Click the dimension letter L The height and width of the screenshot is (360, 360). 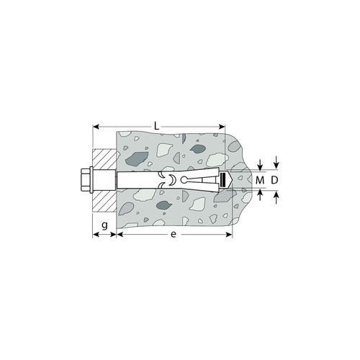click(156, 126)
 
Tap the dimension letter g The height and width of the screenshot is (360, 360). click(104, 225)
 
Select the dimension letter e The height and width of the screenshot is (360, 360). click(174, 234)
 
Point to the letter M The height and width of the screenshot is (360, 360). click(260, 180)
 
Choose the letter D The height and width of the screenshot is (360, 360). click(274, 180)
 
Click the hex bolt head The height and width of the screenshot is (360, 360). click(85, 180)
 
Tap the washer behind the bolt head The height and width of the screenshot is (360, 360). click(91, 180)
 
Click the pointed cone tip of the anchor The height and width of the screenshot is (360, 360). click(229, 180)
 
